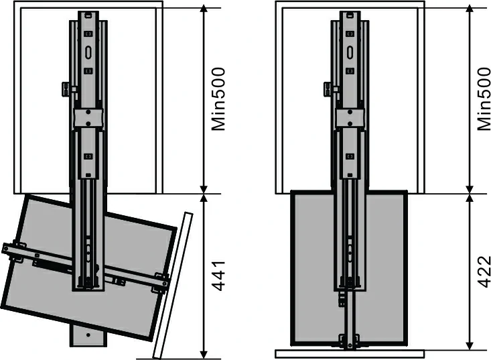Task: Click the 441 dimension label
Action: point(218,276)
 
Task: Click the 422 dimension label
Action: point(484,272)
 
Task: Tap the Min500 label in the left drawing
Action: point(218,99)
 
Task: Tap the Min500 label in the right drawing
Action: point(484,99)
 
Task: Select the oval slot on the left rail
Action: point(88,52)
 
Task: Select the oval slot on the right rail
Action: point(350,52)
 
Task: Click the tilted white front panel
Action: point(173,286)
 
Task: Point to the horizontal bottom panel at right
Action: point(350,354)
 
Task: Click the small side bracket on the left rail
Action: point(66,89)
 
